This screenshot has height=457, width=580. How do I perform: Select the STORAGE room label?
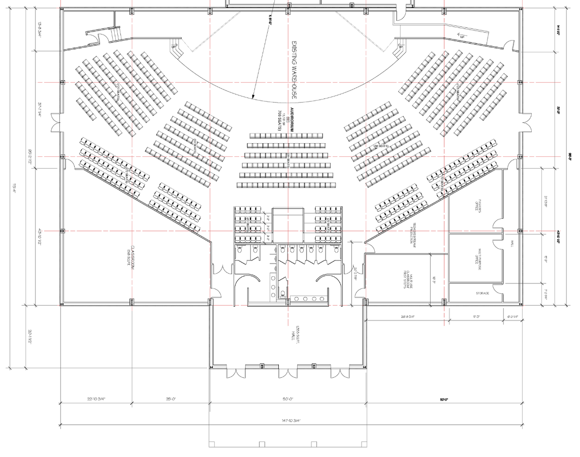tap(482, 293)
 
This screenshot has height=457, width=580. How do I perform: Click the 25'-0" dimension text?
tap(170, 400)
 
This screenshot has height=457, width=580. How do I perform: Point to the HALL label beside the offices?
tap(512, 244)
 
